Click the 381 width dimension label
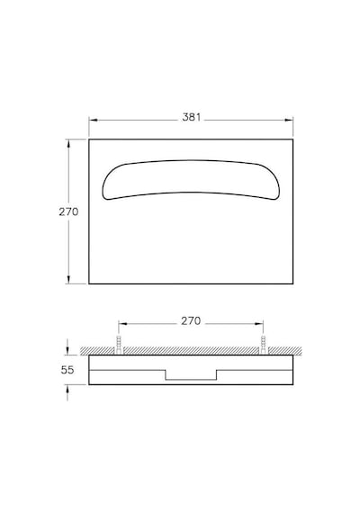click(192, 117)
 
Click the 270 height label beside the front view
click(68, 211)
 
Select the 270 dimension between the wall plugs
click(191, 321)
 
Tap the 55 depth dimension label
click(67, 370)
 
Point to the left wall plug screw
click(119, 344)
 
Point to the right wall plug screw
click(264, 344)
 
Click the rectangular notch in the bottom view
click(191, 380)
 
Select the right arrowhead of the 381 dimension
click(289, 120)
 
